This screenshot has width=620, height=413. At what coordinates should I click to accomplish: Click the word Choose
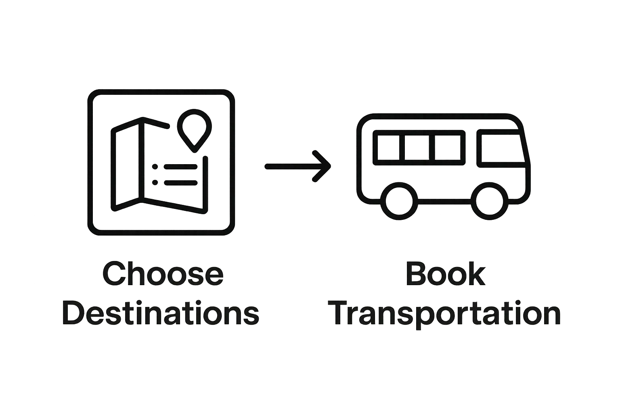coord(163,274)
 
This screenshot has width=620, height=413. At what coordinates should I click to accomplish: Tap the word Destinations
coord(160,314)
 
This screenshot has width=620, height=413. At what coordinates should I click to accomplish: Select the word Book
coord(445,274)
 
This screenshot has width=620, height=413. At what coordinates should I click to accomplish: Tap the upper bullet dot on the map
coord(155,166)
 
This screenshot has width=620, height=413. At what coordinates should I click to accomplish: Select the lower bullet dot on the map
coord(155,182)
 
